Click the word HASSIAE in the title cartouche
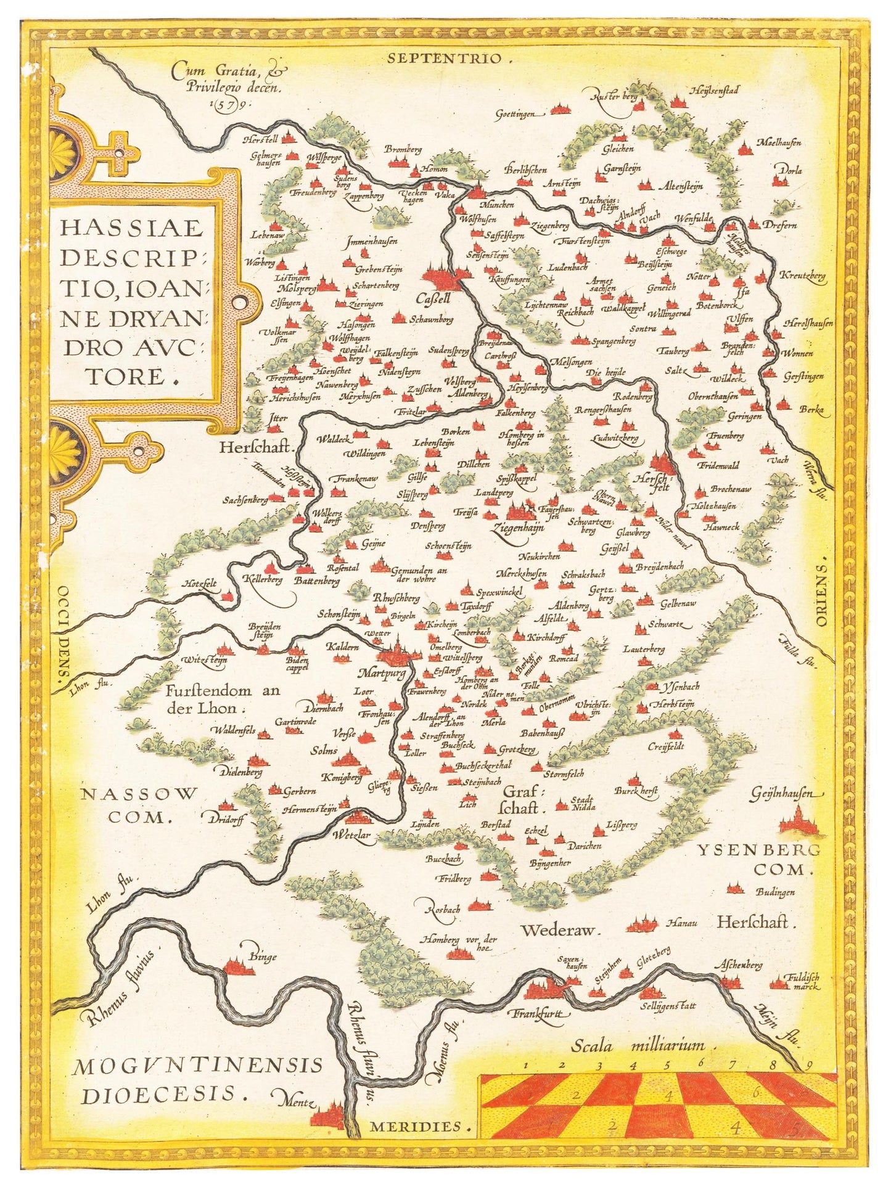[132, 229]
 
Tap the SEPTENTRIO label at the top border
[450, 59]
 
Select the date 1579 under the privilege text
[225, 105]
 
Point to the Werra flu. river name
[813, 473]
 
